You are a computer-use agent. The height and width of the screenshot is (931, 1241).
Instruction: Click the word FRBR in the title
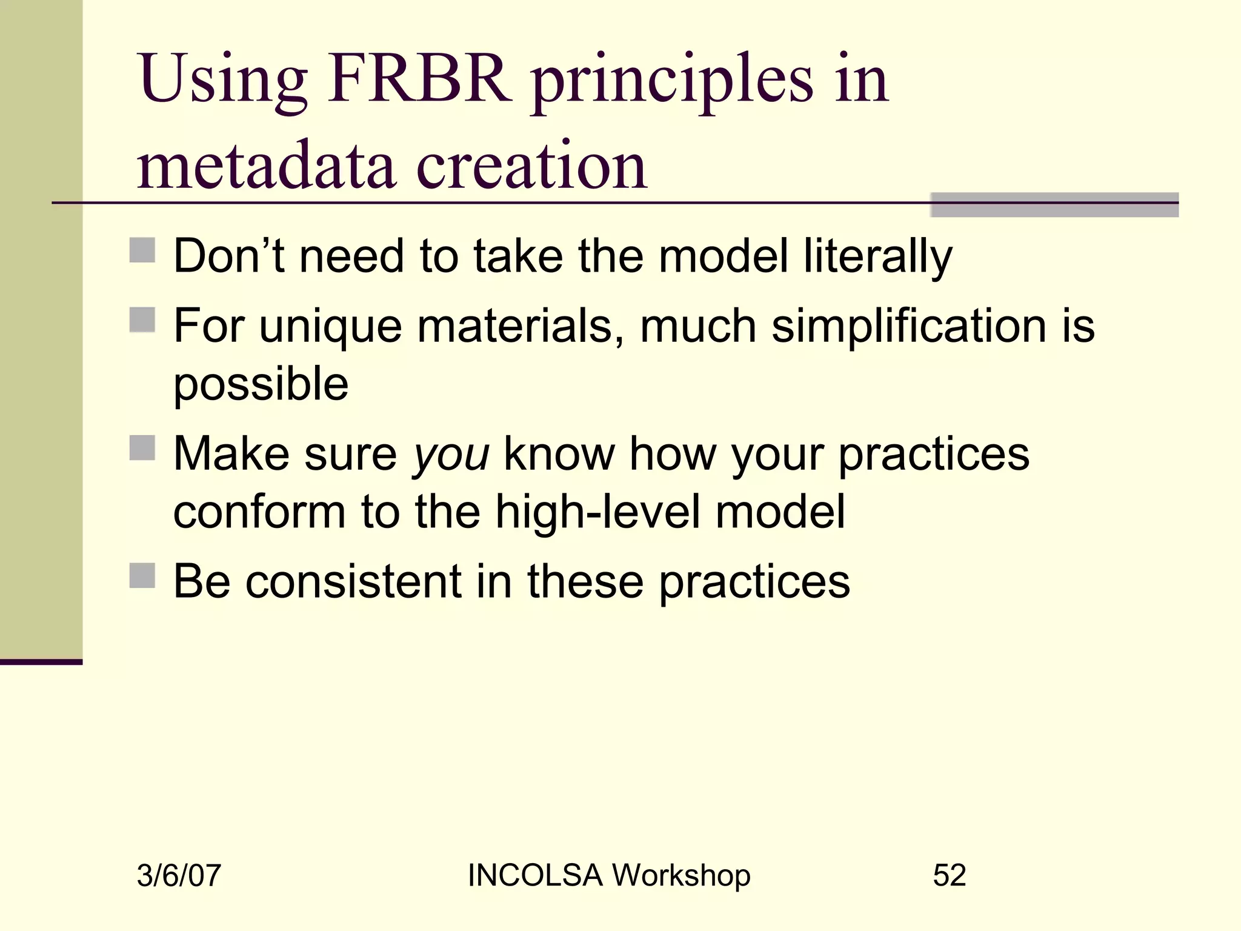[x=419, y=79]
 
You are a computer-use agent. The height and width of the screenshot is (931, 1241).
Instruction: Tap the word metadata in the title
[x=267, y=165]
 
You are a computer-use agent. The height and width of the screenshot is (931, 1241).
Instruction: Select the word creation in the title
[x=532, y=165]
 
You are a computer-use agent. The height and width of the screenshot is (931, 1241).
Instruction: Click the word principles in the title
[x=673, y=82]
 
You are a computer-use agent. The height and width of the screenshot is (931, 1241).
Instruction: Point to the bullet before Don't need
[x=142, y=250]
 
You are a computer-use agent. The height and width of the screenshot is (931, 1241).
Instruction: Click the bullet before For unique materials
[x=142, y=320]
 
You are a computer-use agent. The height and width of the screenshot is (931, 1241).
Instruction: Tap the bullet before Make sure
[x=142, y=448]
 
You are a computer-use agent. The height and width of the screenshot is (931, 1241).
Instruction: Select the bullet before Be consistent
[x=142, y=575]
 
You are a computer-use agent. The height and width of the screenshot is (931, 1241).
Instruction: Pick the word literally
[x=878, y=257]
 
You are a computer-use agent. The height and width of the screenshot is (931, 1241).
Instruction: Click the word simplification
[x=908, y=326]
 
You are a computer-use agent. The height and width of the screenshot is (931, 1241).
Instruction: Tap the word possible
[x=261, y=385]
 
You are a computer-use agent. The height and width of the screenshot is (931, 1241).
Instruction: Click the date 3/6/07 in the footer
[x=179, y=876]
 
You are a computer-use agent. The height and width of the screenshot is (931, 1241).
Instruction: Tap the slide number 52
[x=949, y=875]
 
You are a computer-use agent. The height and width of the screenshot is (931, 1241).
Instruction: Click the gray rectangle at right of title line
[x=1054, y=205]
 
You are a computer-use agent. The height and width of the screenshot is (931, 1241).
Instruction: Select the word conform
[x=259, y=512]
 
